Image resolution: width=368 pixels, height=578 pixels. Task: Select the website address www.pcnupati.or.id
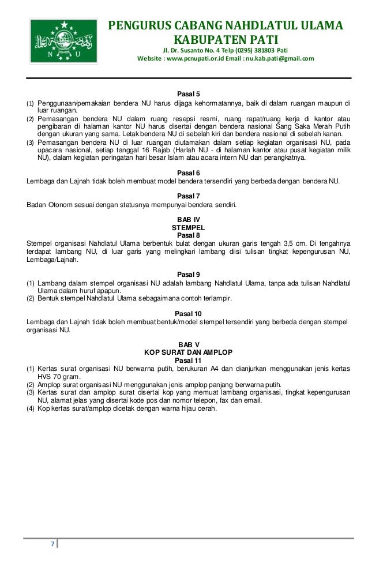click(x=198, y=59)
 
